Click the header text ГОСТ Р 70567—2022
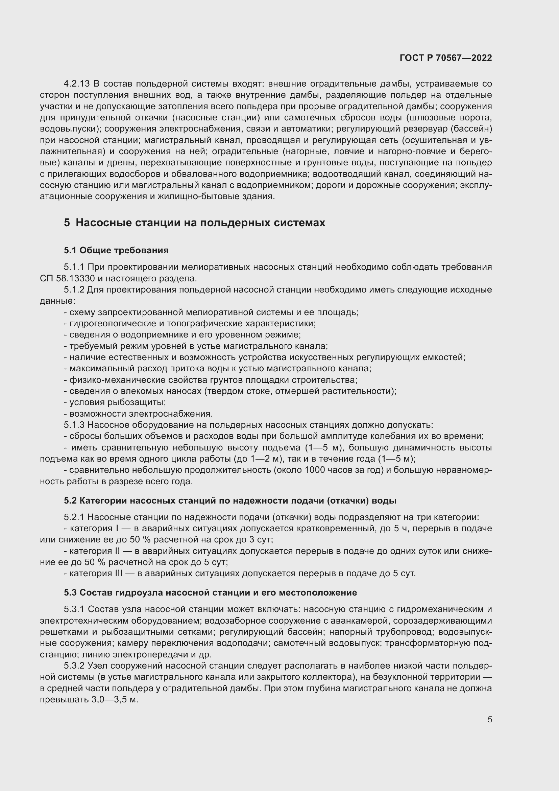pos(446,58)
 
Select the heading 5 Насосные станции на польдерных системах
pos(194,223)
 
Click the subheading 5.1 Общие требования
pos(116,250)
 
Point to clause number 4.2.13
pos(76,84)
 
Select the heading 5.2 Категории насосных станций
pos(230,501)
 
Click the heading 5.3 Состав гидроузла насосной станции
pos(210,592)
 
